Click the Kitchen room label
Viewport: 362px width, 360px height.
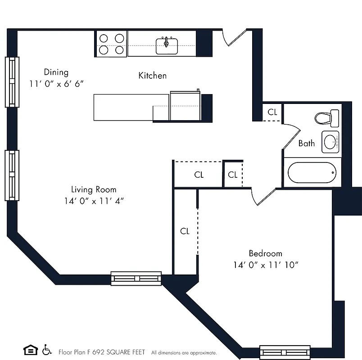pos(152,76)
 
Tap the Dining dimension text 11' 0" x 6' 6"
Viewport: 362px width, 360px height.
pos(57,84)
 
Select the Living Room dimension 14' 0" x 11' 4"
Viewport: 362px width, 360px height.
pos(94,201)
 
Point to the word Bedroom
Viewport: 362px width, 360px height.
pos(265,253)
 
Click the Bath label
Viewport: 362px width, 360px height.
pos(307,144)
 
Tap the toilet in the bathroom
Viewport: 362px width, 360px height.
pos(326,118)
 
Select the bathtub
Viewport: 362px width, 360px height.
pos(312,172)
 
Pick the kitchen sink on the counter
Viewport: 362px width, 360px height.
pos(167,45)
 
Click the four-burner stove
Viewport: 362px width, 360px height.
pos(112,44)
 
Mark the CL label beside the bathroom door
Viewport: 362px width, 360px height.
pos(272,112)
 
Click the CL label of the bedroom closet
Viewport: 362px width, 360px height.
pos(185,231)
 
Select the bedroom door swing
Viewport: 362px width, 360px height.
pos(263,197)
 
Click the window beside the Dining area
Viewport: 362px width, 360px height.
pos(12,81)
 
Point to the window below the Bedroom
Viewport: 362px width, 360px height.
pos(285,352)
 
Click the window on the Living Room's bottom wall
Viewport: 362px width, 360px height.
pos(136,278)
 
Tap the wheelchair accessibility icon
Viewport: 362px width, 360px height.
pos(47,350)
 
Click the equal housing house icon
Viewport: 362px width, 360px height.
pos(30,350)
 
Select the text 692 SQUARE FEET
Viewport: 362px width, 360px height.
pos(118,352)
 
